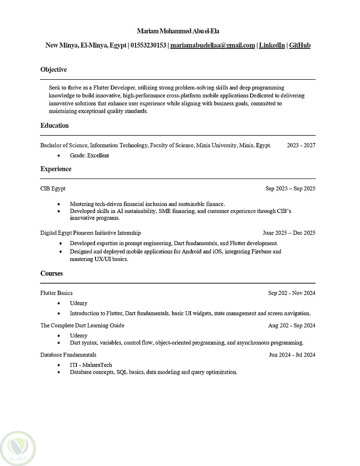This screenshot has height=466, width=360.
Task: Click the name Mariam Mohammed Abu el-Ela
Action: tap(178, 31)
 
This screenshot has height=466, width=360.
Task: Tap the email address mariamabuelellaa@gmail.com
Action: tap(212, 46)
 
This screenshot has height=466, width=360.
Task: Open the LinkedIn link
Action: tap(272, 46)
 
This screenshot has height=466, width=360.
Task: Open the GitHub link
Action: tap(299, 46)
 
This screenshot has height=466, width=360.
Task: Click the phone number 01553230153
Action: tap(148, 46)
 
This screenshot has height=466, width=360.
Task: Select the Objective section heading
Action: tap(54, 70)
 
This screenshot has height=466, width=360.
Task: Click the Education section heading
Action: tap(54, 126)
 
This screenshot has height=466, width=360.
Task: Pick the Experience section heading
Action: tap(56, 169)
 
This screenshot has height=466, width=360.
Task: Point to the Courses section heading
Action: tap(51, 274)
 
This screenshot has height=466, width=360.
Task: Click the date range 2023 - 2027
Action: tap(301, 145)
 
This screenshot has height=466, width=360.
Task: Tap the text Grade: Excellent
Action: tap(89, 156)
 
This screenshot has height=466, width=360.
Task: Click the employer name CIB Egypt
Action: tap(53, 189)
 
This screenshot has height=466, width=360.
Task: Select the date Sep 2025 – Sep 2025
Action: tap(290, 189)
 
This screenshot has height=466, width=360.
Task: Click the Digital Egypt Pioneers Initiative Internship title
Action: tap(90, 233)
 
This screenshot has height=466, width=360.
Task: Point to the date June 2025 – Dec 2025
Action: tap(289, 233)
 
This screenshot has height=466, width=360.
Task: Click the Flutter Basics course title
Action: tap(56, 293)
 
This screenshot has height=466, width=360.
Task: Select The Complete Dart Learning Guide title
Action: tap(82, 326)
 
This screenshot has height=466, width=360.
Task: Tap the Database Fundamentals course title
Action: tap(68, 355)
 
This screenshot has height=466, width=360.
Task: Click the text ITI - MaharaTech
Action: tap(91, 365)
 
